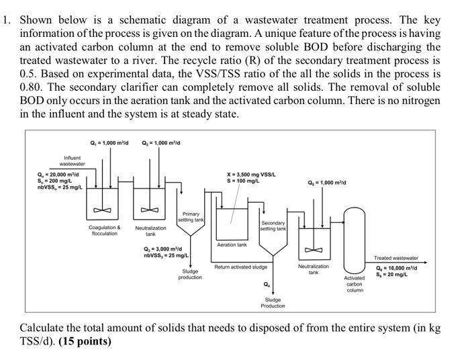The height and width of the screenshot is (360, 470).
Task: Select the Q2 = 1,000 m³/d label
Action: coord(160,142)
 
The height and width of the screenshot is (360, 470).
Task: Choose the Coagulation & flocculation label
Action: coord(105,231)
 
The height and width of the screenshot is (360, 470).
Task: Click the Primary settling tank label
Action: coord(191,218)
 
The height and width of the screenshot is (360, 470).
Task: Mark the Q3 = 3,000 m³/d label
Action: coord(162,249)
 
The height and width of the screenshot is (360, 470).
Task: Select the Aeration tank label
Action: coord(232,245)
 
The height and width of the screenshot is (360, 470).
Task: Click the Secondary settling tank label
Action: coord(273,226)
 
